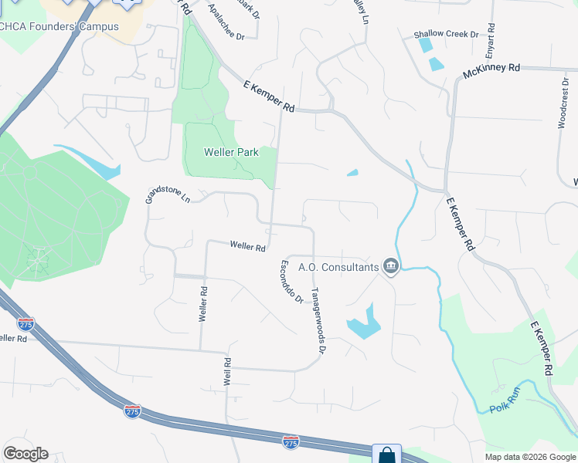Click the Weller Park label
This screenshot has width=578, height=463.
(230, 153)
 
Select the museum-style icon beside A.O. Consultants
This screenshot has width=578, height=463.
(391, 267)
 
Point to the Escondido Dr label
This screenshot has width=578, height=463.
(291, 282)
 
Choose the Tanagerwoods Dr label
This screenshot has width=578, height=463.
(318, 322)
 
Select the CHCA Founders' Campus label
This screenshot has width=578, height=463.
(70, 27)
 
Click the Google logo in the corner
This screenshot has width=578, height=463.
(25, 454)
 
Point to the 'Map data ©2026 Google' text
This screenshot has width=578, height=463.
(529, 457)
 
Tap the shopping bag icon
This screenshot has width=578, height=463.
(386, 455)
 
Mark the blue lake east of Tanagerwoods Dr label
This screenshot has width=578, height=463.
(364, 325)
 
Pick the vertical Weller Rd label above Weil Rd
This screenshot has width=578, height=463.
(203, 304)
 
